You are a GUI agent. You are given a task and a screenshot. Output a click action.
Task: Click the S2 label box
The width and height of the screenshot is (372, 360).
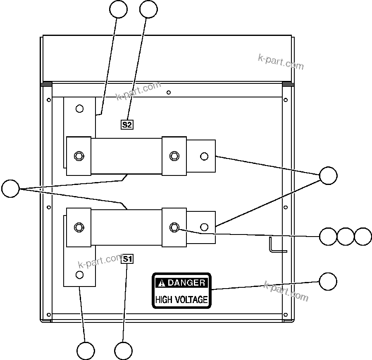pos(127,124)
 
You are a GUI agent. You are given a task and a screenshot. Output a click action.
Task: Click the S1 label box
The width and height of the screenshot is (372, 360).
pos(127,259)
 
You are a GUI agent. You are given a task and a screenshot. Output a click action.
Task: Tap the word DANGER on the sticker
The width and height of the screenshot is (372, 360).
pos(186,283)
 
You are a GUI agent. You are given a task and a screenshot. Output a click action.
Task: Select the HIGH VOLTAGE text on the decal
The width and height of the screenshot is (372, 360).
pos(181,299)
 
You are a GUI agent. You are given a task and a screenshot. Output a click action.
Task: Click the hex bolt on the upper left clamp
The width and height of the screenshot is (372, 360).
pos(79,156)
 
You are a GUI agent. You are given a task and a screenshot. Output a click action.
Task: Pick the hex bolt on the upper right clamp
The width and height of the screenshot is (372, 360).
pos(174,156)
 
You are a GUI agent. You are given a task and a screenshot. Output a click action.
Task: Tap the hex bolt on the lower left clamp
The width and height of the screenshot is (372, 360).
pos(79,227)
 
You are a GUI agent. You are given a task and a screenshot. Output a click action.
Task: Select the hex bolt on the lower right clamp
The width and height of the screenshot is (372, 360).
pos(174,227)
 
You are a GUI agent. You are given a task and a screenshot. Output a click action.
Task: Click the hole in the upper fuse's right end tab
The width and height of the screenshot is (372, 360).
pos(204,156)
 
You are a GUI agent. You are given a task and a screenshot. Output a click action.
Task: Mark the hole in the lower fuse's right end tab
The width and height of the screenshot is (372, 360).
pos(204,227)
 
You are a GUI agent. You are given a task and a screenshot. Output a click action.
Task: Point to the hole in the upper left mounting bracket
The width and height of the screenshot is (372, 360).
pos(80,109)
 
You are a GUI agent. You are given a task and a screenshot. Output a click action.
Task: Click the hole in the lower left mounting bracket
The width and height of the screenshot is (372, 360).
pos(80,275)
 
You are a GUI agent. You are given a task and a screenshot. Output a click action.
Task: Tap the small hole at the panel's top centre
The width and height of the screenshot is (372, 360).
pos(169,92)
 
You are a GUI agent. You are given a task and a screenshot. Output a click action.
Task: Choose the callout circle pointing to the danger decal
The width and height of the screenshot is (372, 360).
pos(328,282)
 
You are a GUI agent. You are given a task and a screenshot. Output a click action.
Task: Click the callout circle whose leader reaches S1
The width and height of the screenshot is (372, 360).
pos(123,351)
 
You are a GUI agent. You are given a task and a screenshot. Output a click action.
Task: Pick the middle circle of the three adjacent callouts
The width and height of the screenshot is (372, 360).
pos(346,236)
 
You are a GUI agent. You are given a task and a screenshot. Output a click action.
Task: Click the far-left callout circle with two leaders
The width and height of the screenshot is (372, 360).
pos(10,189)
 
